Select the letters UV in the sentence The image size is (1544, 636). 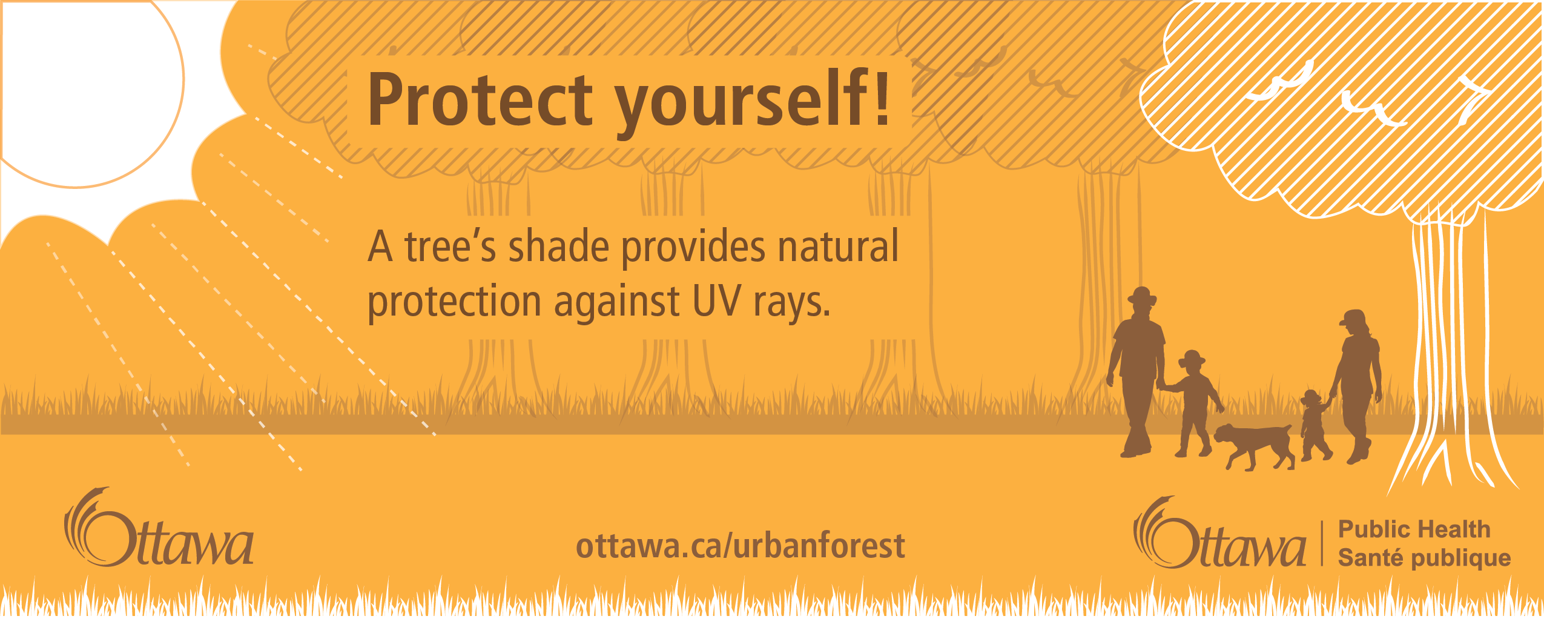coord(716,300)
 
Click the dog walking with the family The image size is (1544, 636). coord(1254,446)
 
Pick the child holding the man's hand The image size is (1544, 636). coord(1193,403)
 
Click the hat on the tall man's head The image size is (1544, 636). coord(1142,296)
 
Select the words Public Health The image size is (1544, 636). coord(1414,529)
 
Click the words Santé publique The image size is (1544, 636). coord(1424,558)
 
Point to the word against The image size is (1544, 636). coord(617,302)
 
